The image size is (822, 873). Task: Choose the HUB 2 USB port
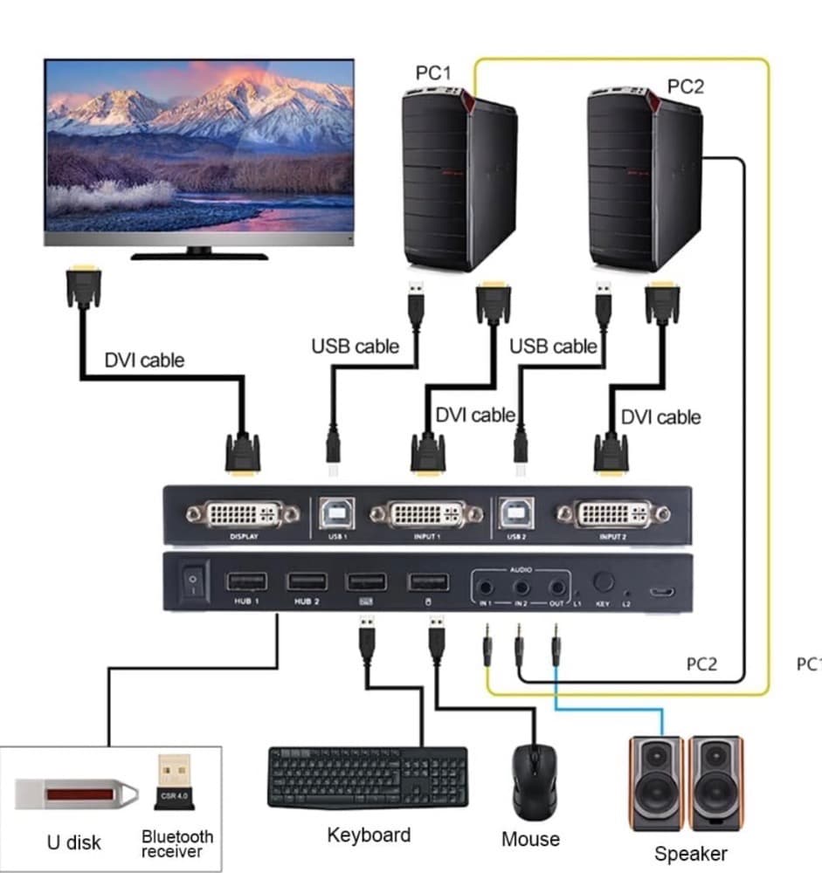click(307, 581)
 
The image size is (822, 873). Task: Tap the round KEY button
click(603, 582)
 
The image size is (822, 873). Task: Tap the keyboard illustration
click(368, 777)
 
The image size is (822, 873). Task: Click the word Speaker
click(690, 853)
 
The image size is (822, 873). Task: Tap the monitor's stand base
click(199, 255)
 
